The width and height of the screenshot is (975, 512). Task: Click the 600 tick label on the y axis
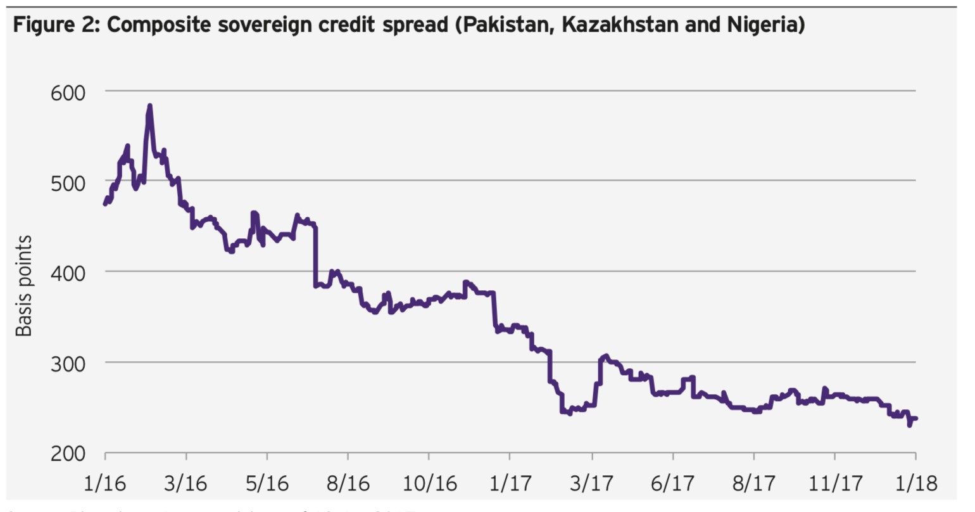tap(67, 93)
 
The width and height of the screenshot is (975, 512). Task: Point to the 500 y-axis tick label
tap(67, 182)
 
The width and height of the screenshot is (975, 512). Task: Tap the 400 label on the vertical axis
tap(67, 273)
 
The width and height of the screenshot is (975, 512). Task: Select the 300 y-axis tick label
tap(67, 364)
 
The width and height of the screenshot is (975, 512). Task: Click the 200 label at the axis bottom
tap(67, 454)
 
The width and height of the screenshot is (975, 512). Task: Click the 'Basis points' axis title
tap(23, 286)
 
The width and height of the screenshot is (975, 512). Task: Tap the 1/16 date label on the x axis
tap(105, 483)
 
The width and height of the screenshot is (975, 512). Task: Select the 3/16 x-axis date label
tap(186, 483)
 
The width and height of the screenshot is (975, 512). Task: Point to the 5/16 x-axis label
tap(267, 483)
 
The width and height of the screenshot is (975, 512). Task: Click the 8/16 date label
tap(348, 483)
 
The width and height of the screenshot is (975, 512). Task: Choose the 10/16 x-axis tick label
tap(429, 483)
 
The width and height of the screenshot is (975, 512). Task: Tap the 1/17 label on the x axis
tap(510, 483)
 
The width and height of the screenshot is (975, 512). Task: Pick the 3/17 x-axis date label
tap(591, 483)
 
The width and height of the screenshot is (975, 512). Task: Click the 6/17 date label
tap(672, 483)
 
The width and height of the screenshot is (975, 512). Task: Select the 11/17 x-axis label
tap(834, 483)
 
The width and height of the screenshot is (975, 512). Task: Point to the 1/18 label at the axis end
tap(915, 483)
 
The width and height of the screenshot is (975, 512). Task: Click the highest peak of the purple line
tap(149, 106)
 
